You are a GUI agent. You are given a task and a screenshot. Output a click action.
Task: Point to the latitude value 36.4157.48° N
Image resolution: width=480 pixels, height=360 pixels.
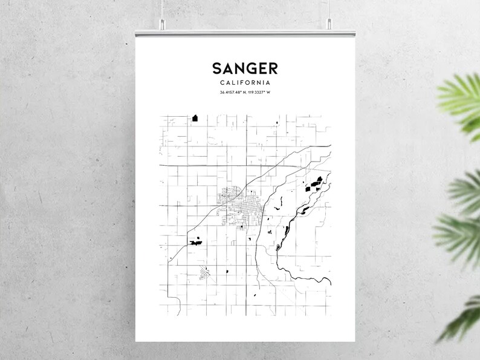[233, 93]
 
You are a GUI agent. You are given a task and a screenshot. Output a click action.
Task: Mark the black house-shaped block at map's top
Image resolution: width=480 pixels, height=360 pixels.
[195, 118]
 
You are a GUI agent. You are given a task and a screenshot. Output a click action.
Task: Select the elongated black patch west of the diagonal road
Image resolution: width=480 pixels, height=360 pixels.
[195, 242]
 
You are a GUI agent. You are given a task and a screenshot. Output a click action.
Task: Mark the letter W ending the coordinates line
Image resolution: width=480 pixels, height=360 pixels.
[267, 93]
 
